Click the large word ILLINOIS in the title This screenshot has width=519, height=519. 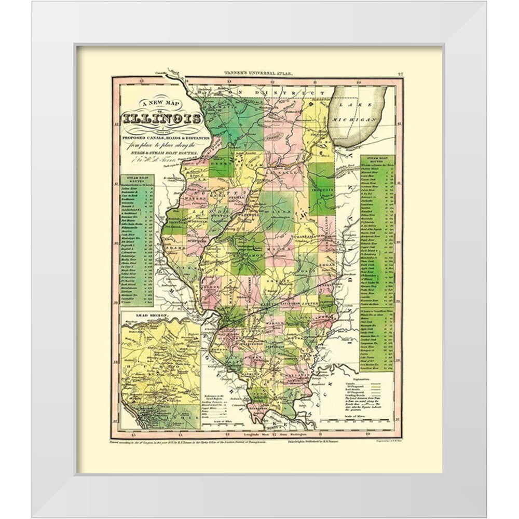(x=162, y=118)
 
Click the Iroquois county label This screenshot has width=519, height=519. (x=322, y=190)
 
